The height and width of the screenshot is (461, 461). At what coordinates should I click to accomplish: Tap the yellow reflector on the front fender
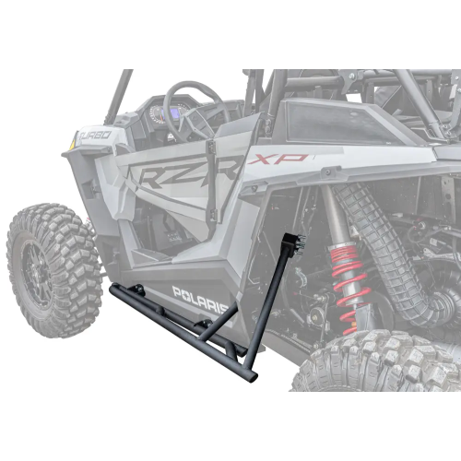point(72,140)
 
